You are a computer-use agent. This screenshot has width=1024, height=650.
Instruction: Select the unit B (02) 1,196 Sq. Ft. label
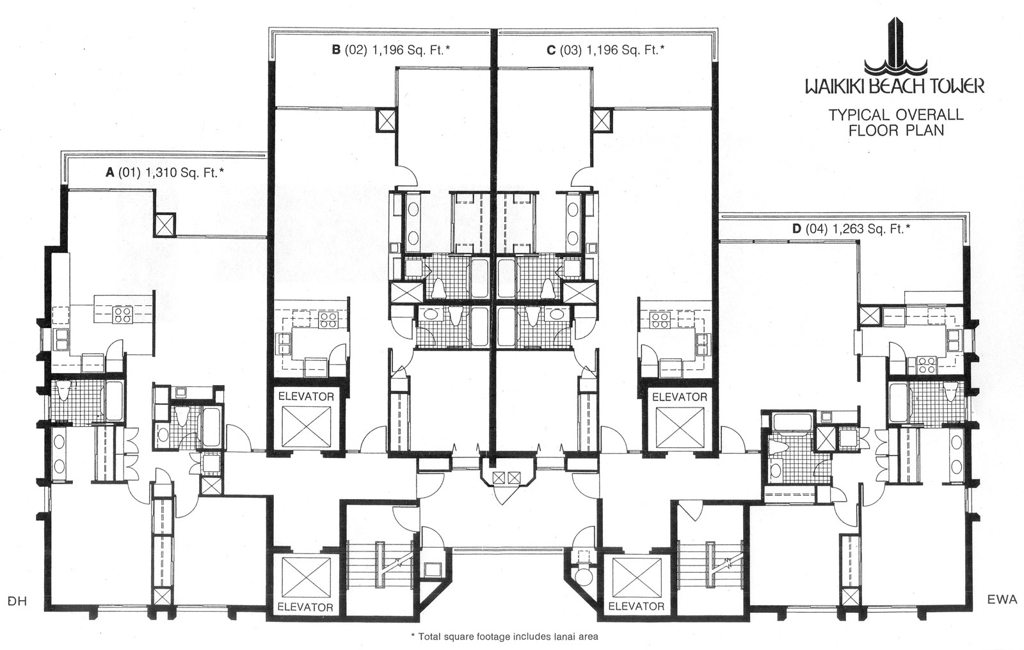391,50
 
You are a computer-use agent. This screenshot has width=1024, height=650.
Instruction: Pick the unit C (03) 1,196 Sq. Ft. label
606,50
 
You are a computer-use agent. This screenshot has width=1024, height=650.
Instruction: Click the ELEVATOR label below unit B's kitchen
306,397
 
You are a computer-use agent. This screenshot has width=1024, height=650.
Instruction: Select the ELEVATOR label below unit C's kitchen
680,397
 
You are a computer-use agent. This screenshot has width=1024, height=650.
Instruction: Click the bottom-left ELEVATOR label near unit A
305,606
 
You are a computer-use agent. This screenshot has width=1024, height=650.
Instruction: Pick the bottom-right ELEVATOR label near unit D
636,606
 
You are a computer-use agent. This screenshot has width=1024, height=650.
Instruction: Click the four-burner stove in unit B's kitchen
328,320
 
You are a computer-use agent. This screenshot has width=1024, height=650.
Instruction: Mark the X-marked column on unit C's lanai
602,120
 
